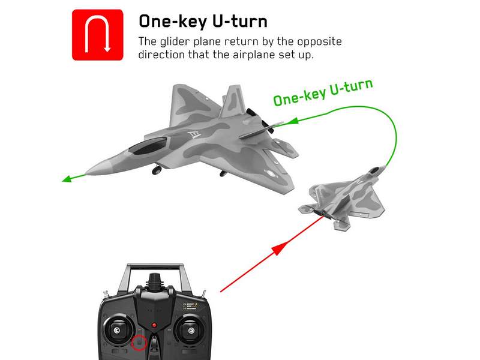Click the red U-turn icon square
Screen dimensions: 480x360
click(x=98, y=35)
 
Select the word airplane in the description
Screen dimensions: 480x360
click(x=253, y=55)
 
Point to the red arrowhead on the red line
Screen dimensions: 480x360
click(x=280, y=248)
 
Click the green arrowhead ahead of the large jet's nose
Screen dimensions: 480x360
click(x=67, y=179)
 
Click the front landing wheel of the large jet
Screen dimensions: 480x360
click(x=157, y=170)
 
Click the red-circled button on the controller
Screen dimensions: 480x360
click(x=139, y=343)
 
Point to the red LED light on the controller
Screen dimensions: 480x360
click(x=154, y=325)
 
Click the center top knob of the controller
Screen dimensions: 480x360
click(x=155, y=280)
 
